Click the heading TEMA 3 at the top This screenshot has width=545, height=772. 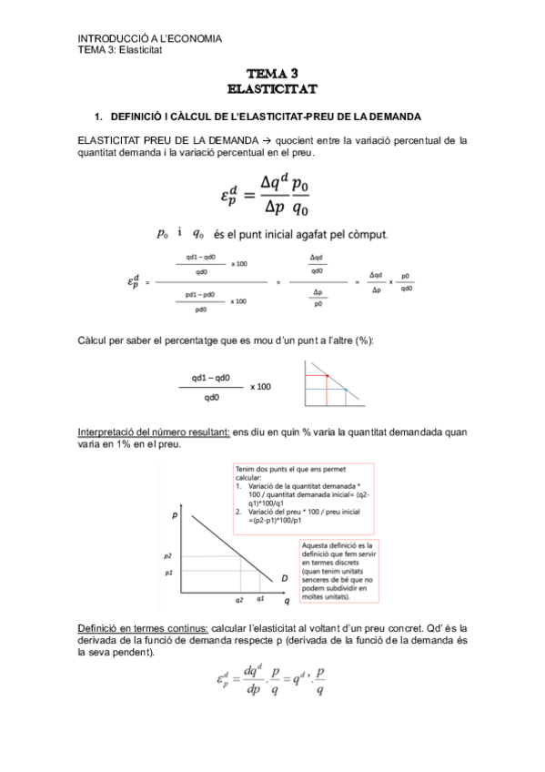[272, 74]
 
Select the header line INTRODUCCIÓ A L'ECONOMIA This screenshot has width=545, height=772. [150, 38]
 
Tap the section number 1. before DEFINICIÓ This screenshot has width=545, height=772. [99, 117]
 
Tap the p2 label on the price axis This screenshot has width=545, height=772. [167, 554]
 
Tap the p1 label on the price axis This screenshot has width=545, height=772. [167, 573]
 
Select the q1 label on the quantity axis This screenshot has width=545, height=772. [261, 600]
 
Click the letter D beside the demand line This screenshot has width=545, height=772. [284, 578]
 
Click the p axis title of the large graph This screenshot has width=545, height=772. [174, 515]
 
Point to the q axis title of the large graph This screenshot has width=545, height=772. [286, 602]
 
